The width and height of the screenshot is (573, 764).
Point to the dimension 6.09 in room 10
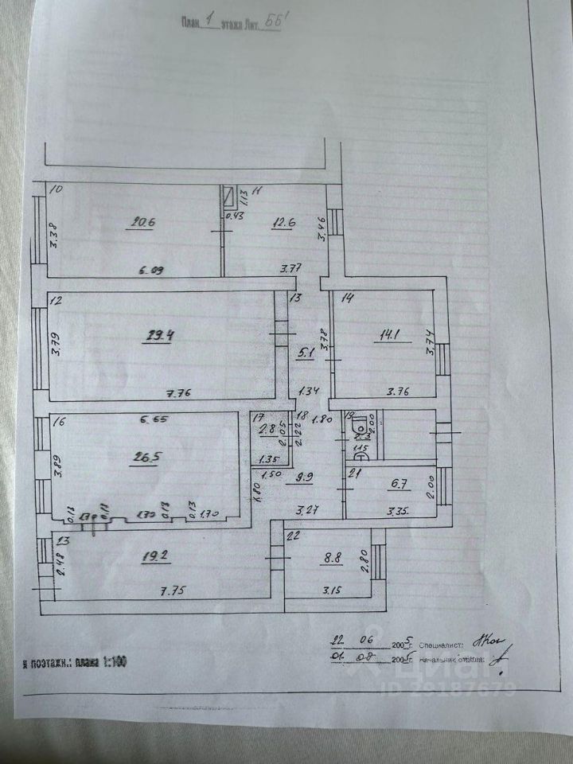click(x=153, y=271)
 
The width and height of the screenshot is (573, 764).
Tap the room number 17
click(x=258, y=417)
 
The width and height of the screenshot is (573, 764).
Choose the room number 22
click(x=293, y=536)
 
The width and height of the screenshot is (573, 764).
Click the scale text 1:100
click(x=113, y=662)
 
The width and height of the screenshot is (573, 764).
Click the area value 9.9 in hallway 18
click(x=305, y=478)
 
